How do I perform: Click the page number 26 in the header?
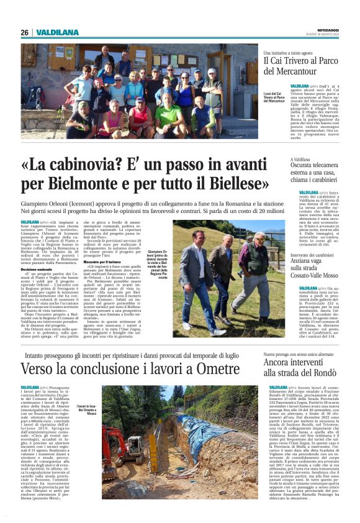24,32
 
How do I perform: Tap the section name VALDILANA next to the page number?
58,32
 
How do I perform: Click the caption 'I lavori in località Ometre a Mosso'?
88,410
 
